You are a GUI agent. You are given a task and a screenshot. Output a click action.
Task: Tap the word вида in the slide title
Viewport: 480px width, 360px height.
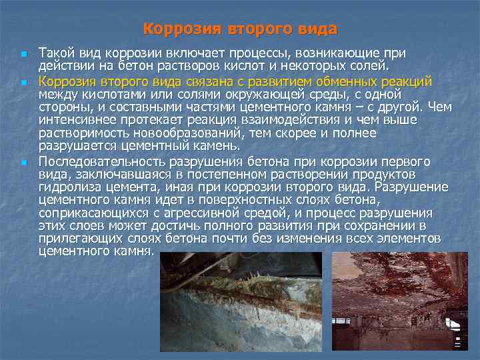click(x=319, y=29)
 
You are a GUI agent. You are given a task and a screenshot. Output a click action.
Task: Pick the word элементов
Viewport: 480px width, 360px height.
click(x=408, y=239)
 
